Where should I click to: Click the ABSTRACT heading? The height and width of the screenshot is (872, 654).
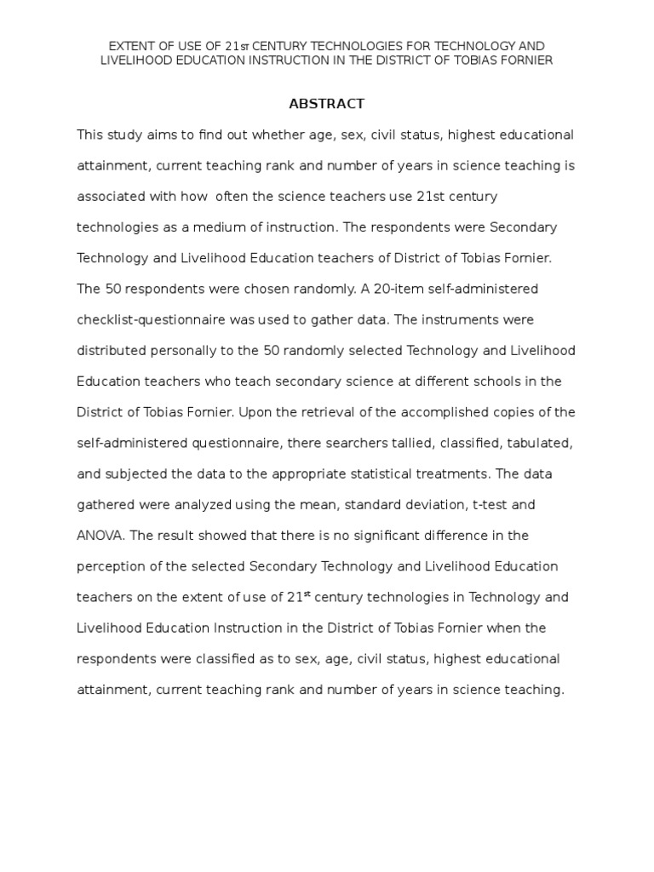click(326, 104)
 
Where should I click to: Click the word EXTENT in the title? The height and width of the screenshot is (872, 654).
click(129, 45)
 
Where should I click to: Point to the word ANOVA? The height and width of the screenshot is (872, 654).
click(104, 536)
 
